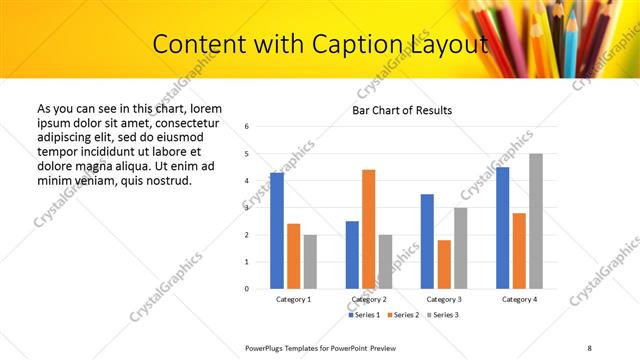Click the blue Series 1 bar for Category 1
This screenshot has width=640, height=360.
click(277, 231)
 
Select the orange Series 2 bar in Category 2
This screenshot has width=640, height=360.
click(368, 229)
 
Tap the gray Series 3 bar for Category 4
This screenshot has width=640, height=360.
click(536, 221)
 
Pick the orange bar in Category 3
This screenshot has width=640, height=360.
click(444, 264)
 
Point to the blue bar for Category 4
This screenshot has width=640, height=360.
click(502, 228)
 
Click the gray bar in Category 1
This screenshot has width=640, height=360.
click(310, 262)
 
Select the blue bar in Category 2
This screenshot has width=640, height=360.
click(352, 255)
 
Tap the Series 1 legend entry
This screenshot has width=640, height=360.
click(365, 315)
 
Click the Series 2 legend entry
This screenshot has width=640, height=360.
click(403, 315)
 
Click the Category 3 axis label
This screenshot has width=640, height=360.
click(444, 299)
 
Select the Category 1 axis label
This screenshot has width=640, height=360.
click(294, 299)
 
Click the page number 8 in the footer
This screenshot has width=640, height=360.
click(590, 347)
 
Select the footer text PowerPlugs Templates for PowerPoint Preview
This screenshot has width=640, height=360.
click(328, 347)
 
